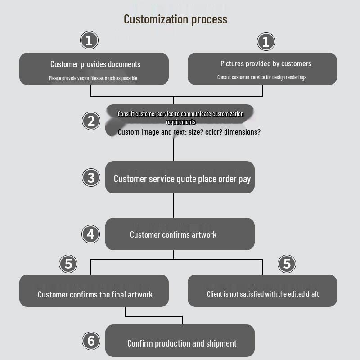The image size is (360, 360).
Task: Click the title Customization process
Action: tap(175, 19)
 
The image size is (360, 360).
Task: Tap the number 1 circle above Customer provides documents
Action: tap(89, 40)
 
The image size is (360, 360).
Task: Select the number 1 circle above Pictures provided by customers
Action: tap(265, 42)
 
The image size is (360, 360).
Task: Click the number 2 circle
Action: tap(91, 121)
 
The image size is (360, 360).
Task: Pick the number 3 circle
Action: tap(91, 177)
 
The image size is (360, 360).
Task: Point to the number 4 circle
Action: tap(91, 234)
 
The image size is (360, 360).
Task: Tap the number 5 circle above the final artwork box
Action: tap(68, 263)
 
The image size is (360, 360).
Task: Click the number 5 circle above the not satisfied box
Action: tap(287, 263)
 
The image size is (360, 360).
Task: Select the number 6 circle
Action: tap(91, 341)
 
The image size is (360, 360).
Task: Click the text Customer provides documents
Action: tap(95, 64)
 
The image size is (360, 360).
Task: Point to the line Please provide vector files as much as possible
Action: tap(93, 78)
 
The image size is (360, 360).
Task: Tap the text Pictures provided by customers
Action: tap(265, 64)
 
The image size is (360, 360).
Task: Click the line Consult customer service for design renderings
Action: tap(261, 77)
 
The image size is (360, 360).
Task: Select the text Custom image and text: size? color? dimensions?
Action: tap(189, 132)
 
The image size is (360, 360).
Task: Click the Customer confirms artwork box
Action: tap(180, 234)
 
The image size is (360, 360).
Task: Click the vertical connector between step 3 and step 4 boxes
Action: tap(173, 206)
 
